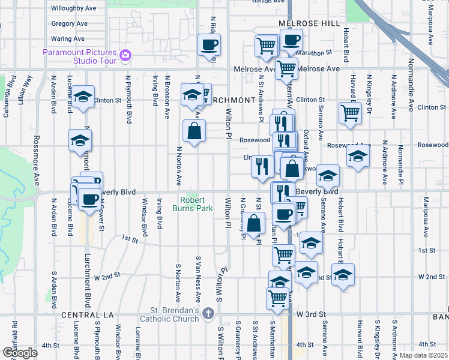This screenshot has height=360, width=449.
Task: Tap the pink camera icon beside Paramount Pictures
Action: pyautogui.click(x=125, y=56)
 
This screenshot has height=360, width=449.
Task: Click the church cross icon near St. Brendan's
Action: pyautogui.click(x=208, y=313)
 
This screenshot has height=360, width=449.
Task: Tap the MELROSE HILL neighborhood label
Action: pyautogui.click(x=309, y=23)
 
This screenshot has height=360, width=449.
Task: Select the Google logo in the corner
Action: pyautogui.click(x=20, y=352)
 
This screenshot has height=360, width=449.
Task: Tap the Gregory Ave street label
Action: pyautogui.click(x=70, y=24)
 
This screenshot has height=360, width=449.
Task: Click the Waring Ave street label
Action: pyautogui.click(x=68, y=38)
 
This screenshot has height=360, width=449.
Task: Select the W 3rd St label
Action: pyautogui.click(x=311, y=314)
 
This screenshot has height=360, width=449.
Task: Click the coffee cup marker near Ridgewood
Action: pyautogui.click(x=209, y=45)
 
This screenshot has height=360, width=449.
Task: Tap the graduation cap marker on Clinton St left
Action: pyautogui.click(x=83, y=96)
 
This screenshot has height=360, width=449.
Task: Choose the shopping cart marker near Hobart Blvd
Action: pyautogui.click(x=349, y=112)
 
